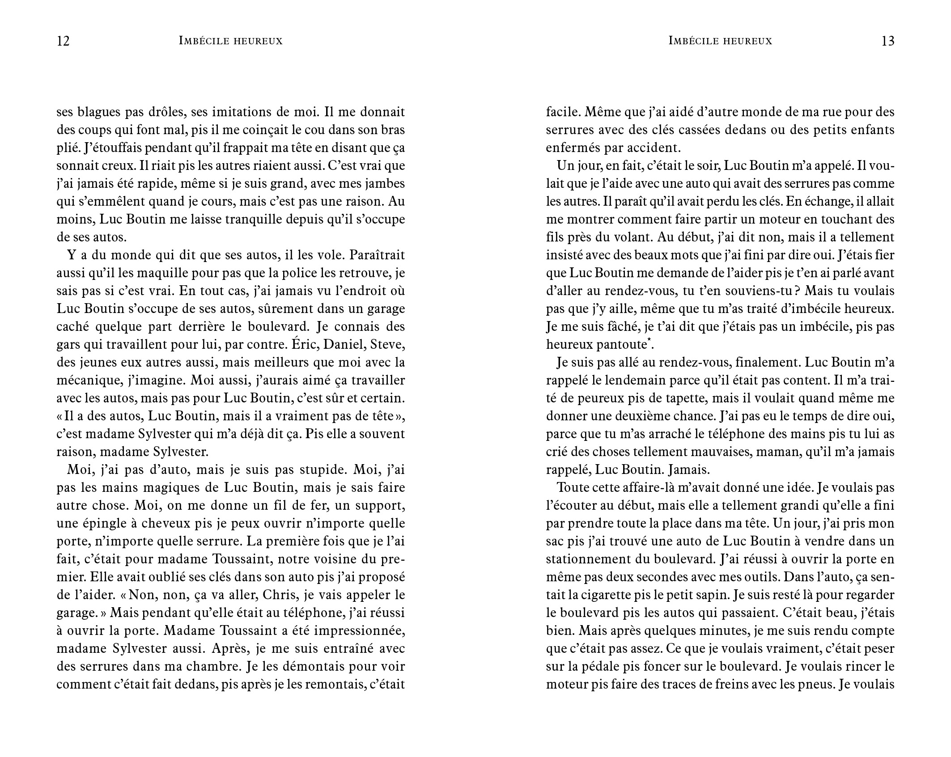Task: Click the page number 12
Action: [x=63, y=41]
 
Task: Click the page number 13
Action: [x=887, y=41]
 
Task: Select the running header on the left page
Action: [x=230, y=41]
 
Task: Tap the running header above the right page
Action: [x=720, y=41]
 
